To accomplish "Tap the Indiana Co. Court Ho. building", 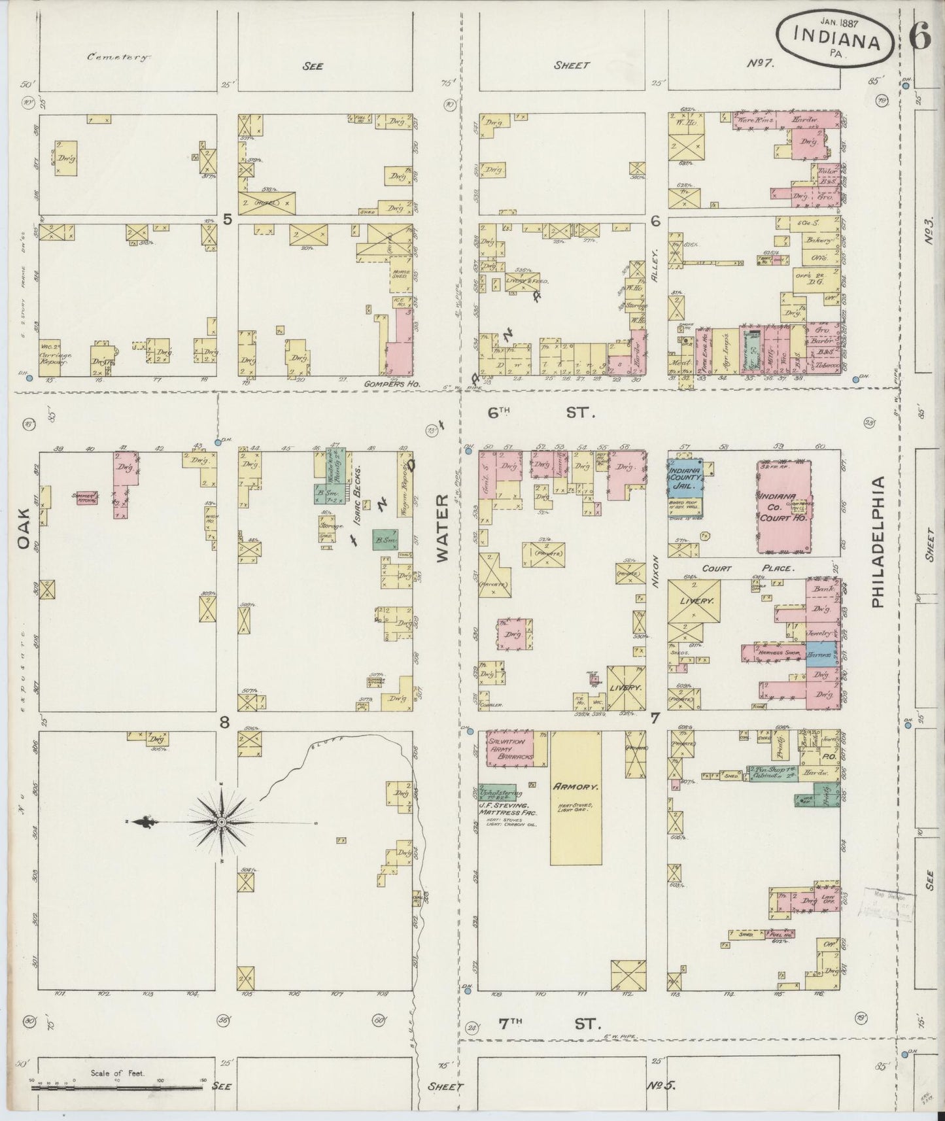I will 783,506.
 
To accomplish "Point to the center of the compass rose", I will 222,821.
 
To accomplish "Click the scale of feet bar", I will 116,1087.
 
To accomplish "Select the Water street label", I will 443,527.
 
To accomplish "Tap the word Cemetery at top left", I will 118,57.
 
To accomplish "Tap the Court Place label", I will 748,568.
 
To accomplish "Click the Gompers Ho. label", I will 394,385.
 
